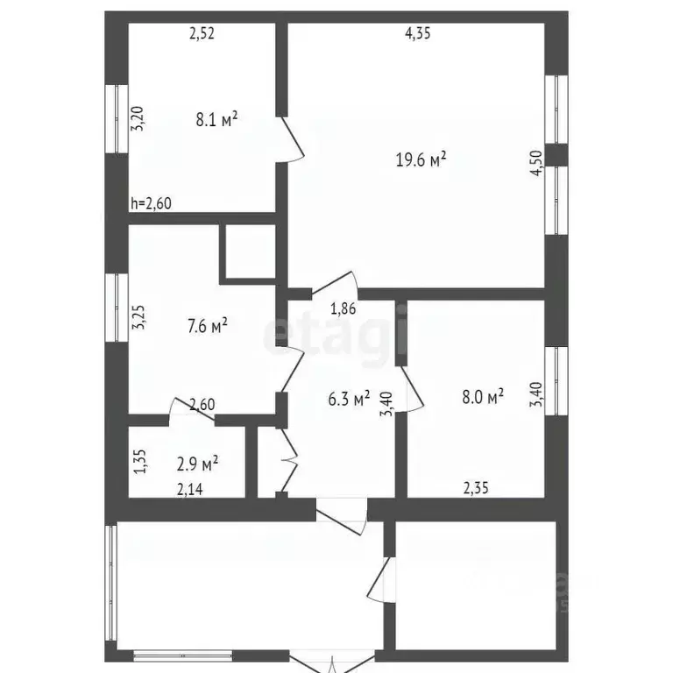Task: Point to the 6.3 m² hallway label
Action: coord(348,399)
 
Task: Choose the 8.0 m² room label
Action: coord(481,397)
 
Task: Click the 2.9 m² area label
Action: coord(197,461)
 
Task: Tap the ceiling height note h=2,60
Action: coord(151,203)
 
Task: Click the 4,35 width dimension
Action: coord(417,33)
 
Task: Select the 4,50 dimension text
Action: coord(536,165)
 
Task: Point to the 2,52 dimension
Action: coord(202,34)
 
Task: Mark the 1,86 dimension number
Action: coord(343,308)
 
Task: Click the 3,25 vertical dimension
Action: coord(138,317)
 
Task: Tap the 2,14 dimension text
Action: coord(190,490)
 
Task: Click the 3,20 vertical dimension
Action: coord(138,118)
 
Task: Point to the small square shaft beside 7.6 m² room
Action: coord(249,253)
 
